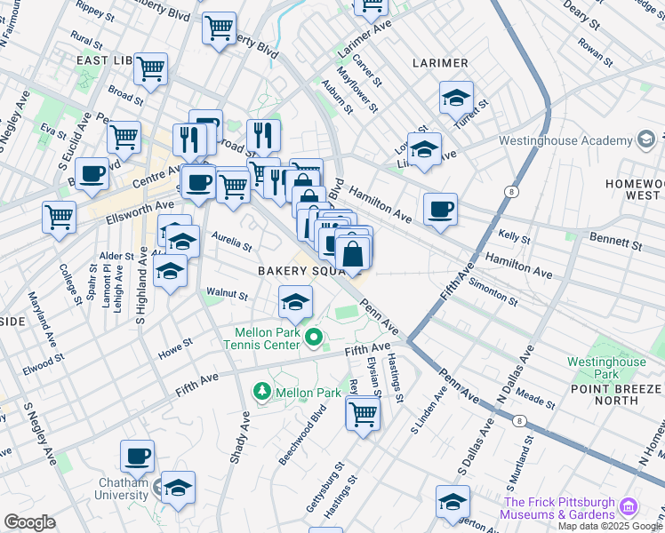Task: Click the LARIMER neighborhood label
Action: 440,63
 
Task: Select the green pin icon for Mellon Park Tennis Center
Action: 313,338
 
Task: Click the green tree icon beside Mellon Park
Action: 262,392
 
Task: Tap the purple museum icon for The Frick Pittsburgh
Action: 629,507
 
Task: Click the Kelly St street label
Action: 514,238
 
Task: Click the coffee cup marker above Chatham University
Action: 137,457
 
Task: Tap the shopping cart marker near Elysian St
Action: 363,413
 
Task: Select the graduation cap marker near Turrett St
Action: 456,98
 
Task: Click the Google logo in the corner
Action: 29,522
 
